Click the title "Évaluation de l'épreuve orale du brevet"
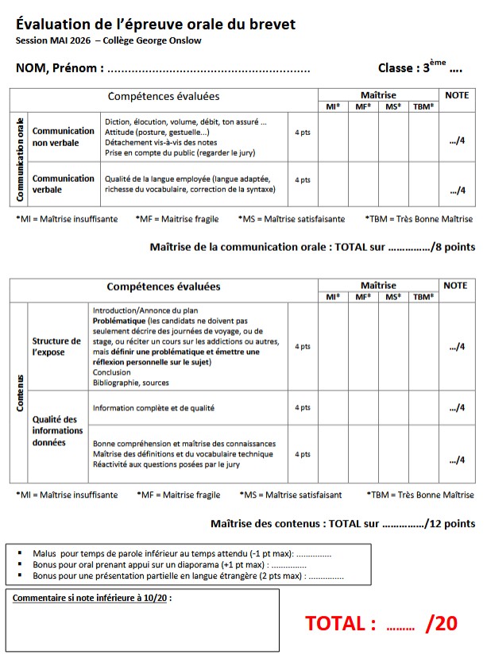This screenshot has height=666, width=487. [156, 25]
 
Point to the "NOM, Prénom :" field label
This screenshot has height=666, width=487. [60, 68]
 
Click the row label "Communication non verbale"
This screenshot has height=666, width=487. [63, 137]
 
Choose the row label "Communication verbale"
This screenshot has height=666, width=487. [63, 184]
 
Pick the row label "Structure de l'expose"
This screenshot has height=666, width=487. [56, 346]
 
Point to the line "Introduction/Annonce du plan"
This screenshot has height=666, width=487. [145, 310]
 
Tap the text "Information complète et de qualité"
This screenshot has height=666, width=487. [154, 408]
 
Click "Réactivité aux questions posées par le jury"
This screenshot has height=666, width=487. [166, 464]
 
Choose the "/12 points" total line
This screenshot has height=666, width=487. [342, 523]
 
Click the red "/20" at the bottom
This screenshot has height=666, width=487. [442, 624]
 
